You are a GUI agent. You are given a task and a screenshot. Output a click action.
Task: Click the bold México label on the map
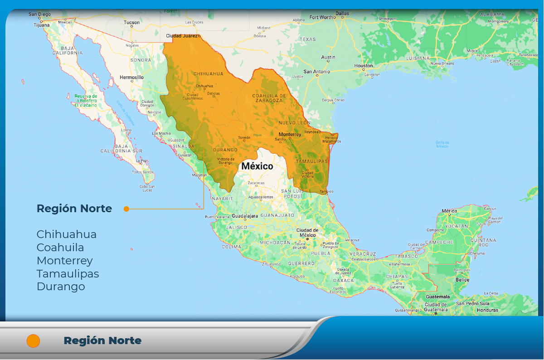tap(257, 166)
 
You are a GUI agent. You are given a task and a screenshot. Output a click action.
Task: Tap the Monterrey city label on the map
tap(290, 134)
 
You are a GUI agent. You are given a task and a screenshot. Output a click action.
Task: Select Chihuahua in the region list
tap(67, 234)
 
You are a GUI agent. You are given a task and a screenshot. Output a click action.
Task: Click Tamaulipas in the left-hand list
tap(68, 274)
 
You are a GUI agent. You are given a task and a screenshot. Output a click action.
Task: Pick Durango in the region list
tap(61, 287)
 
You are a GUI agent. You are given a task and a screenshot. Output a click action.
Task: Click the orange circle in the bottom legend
tap(34, 341)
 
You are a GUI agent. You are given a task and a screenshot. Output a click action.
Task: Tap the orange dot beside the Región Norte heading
tap(126, 209)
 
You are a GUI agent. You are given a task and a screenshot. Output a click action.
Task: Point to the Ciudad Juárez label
tap(183, 36)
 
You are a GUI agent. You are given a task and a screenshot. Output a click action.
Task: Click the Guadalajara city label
tap(244, 216)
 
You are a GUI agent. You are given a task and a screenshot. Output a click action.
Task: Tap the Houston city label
tap(363, 66)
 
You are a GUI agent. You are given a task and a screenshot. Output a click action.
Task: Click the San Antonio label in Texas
tap(317, 72)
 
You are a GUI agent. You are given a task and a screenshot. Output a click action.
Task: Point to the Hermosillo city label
tap(131, 78)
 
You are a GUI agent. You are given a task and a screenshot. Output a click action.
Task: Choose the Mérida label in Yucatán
tap(449, 211)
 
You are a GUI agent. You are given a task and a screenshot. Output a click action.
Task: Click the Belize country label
tap(462, 280)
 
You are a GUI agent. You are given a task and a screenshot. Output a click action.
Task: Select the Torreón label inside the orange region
tap(244, 137)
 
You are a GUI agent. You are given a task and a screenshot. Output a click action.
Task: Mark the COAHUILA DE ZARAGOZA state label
tap(269, 98)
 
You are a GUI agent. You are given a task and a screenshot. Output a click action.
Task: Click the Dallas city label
tap(342, 14)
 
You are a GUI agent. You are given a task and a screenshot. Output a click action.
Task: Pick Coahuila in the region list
tap(60, 248)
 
